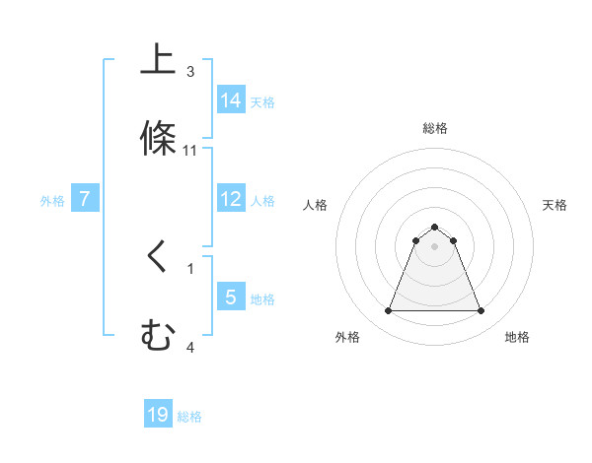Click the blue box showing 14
click(231, 99)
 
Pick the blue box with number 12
click(231, 199)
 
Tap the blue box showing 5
click(231, 297)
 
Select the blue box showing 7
click(85, 199)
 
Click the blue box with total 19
click(158, 415)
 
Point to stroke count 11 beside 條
click(190, 151)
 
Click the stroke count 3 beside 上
click(190, 71)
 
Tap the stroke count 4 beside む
click(190, 347)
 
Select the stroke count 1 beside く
click(190, 267)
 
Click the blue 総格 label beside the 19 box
click(189, 417)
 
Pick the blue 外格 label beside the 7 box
click(52, 201)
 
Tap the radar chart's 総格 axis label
click(434, 128)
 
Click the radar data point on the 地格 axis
click(481, 311)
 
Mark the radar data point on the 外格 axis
click(388, 311)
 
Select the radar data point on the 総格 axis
click(434, 227)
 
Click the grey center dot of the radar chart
click(434, 246)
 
